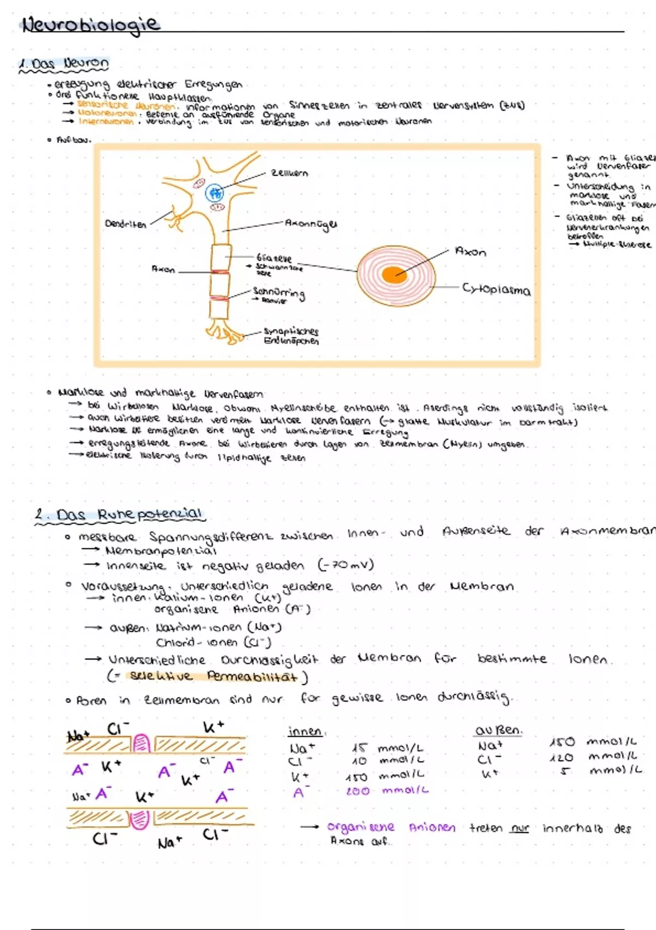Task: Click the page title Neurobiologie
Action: coord(90,25)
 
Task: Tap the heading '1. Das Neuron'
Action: coord(65,64)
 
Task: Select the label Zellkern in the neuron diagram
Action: coord(290,173)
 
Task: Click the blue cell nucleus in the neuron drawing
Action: coord(214,193)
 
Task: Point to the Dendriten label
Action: coord(125,224)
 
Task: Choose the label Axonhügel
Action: coord(311,224)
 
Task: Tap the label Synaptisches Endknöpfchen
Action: coord(291,336)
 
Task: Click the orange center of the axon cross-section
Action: coord(395,274)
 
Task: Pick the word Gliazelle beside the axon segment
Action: coord(274,258)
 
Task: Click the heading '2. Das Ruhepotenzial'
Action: coord(119,515)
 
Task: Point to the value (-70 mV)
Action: coord(345,565)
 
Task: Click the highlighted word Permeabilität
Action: coord(252,677)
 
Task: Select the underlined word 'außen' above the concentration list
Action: coord(498,730)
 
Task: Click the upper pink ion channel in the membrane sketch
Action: coord(142,743)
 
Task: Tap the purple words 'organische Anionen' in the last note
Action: coord(391,827)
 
